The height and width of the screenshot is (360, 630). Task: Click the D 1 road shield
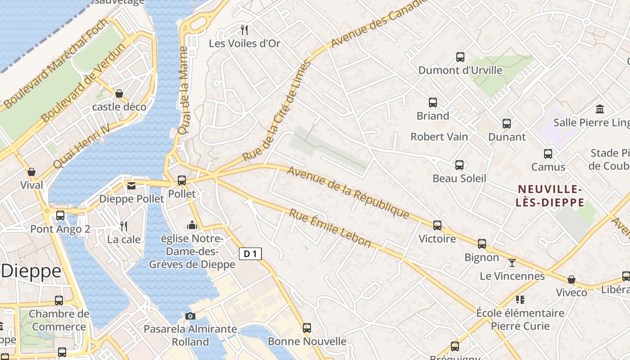250,254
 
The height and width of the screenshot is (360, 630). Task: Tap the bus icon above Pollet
182,180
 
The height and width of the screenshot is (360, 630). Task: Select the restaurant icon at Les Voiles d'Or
244,30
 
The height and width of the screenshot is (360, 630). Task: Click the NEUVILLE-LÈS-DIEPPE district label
550,196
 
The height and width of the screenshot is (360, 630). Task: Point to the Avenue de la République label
348,192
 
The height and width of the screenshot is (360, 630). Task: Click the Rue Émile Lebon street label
330,228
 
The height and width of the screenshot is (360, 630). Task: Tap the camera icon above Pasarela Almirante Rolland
190,316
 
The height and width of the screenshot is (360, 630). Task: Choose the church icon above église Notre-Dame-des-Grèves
192,225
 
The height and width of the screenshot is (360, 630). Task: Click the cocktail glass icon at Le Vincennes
512,262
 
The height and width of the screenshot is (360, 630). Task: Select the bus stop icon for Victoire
437,225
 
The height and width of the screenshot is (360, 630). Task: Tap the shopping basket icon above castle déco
119,93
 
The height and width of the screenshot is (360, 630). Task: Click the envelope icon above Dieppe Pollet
131,185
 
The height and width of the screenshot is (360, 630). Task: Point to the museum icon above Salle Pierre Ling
599,109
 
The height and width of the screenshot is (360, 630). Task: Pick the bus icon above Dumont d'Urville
460,57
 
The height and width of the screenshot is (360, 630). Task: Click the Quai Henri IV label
81,146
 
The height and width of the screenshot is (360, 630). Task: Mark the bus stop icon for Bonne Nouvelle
306,328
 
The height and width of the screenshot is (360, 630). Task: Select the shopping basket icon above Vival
31,172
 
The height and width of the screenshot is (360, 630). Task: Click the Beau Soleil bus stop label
459,178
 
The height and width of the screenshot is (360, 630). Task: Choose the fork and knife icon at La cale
124,226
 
